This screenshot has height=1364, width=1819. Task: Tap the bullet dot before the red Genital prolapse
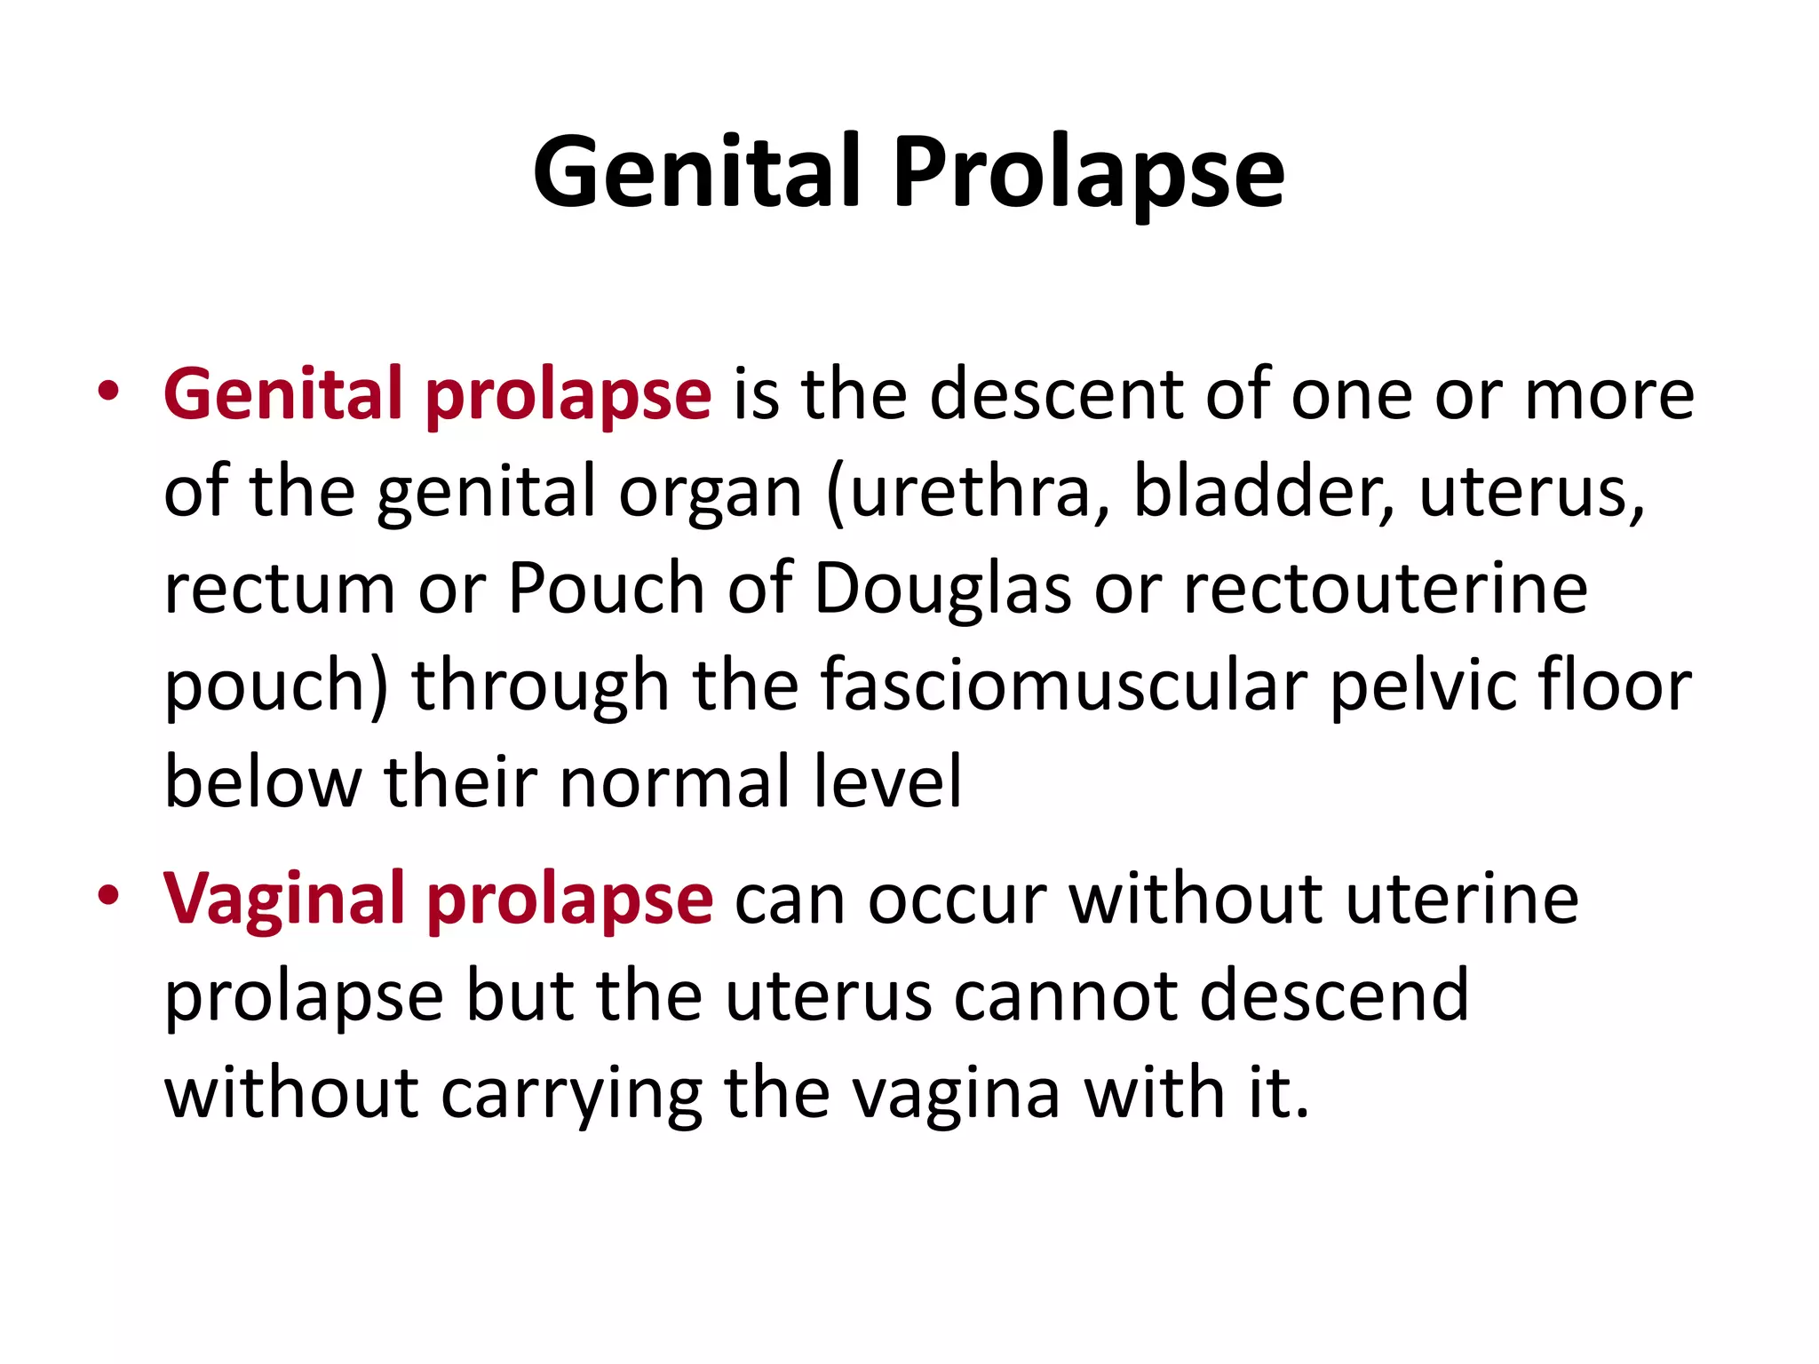pos(108,392)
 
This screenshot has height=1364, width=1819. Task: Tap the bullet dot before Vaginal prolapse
pos(108,896)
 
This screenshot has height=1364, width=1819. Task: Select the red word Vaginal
pos(283,899)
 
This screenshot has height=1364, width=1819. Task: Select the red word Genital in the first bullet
pos(283,394)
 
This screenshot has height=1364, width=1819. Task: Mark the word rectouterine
pos(1386,588)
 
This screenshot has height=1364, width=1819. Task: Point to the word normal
pos(675,782)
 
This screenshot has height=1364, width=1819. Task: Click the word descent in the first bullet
pos(1056,394)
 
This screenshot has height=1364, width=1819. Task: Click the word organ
pos(711,494)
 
